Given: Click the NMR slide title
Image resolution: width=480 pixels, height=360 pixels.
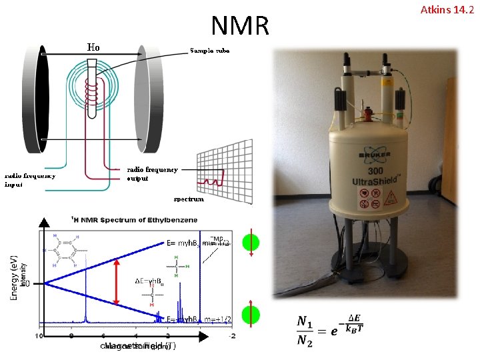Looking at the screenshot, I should [x=240, y=25].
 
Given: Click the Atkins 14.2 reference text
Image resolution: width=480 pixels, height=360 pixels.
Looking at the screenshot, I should [x=449, y=9].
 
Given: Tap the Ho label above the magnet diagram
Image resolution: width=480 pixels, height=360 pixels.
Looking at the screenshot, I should [x=93, y=47].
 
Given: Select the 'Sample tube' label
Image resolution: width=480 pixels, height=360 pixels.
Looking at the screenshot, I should [x=209, y=50].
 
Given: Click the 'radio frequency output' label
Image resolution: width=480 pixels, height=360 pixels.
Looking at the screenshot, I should [x=152, y=173].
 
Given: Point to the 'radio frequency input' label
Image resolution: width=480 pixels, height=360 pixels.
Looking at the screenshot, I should [x=31, y=180].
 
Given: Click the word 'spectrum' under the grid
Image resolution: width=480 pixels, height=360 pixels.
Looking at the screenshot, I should [x=189, y=199].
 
